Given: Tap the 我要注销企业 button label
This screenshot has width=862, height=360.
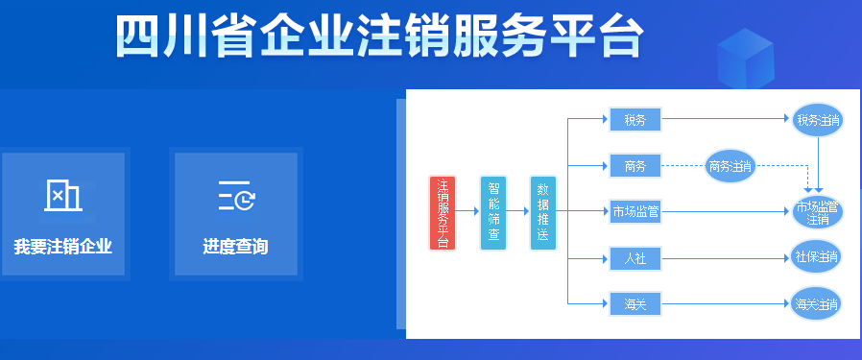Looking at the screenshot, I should point(63,247).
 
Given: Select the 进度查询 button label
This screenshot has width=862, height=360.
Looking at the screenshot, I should point(235,247).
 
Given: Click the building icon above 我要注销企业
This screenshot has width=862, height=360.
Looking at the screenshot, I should point(63,196).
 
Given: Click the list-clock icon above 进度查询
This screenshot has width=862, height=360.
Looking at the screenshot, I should point(235,196).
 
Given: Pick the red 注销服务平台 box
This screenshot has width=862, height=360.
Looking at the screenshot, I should point(442,213).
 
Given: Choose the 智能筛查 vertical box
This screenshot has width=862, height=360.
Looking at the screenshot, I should point(492,213).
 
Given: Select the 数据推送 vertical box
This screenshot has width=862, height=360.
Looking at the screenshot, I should point(543,213).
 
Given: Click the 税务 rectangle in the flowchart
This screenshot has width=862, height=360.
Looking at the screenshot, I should point(635,120).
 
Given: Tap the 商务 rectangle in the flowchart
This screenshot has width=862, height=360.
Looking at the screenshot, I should point(635,166).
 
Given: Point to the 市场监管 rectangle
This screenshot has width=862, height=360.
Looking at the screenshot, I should point(635,211).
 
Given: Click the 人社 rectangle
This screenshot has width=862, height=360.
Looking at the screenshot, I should point(635,257).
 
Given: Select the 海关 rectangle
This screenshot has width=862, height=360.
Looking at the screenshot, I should point(635,304).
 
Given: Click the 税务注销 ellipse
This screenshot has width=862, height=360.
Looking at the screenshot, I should point(817,120).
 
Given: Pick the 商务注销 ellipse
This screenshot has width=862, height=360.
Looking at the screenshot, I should point(730,166).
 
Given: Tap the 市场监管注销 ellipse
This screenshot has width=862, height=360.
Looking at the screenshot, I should point(817,212).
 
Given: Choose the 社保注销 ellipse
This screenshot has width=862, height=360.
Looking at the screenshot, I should point(817,257).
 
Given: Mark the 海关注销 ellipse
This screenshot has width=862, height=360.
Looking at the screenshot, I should point(817,304).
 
